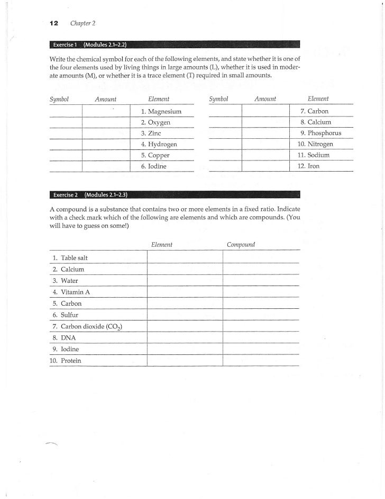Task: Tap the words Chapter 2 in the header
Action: pos(82,23)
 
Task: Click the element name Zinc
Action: pos(154,133)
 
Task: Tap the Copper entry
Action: pos(158,155)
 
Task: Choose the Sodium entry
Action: pos(316,155)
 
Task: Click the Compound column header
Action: pos(241,245)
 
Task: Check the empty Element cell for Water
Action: pos(185,281)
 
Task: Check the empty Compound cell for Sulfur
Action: pos(261,315)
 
